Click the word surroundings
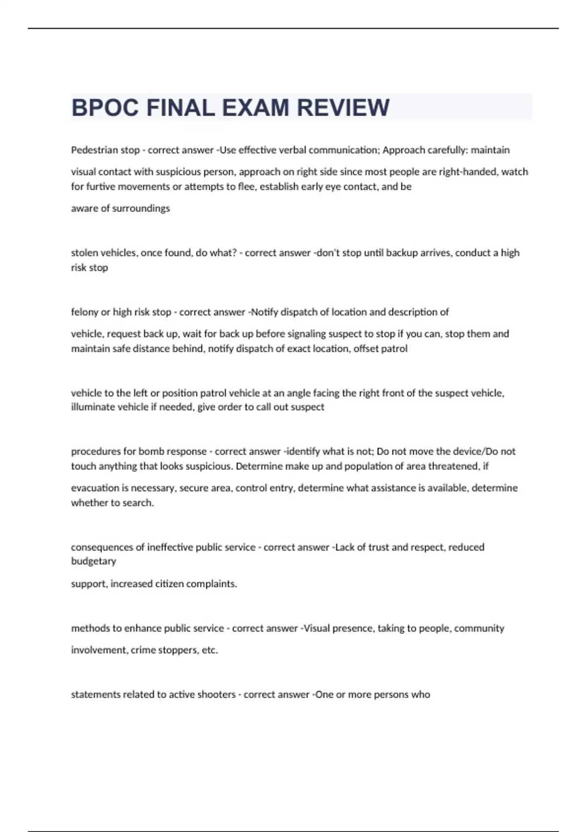coord(141,208)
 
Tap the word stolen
coord(83,253)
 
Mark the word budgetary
coord(93,561)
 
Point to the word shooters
coord(216,694)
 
